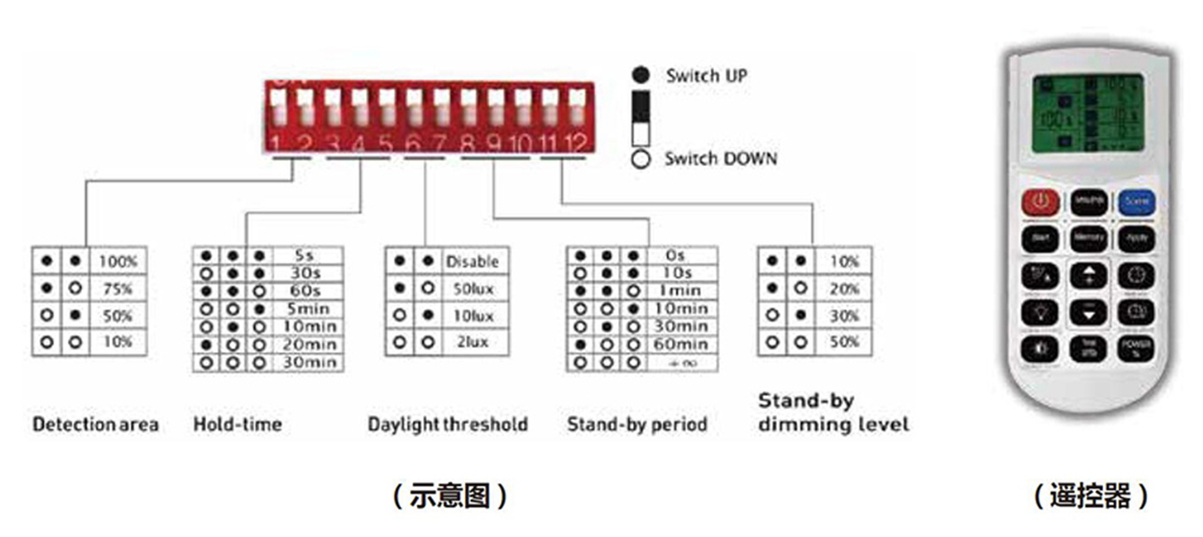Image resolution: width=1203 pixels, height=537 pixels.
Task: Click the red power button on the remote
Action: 1041,203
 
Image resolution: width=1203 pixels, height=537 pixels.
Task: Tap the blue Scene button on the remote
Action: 1136,203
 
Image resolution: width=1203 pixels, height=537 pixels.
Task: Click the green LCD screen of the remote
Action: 1088,113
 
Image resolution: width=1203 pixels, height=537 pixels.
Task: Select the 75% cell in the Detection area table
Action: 117,289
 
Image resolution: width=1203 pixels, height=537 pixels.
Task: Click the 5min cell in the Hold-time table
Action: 305,308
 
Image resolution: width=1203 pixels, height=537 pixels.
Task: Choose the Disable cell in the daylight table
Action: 471,261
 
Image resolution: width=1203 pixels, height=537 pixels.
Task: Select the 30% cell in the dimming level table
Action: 844,316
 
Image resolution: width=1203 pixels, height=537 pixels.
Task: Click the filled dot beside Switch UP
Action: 640,76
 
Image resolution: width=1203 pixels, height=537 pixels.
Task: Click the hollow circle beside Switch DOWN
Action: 640,159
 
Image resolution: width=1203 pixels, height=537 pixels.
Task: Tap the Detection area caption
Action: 95,424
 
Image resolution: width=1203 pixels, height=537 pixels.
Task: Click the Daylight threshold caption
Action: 448,424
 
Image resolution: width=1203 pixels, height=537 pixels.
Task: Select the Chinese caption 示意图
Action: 449,496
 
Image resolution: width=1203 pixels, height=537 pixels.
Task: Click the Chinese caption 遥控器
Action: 1090,496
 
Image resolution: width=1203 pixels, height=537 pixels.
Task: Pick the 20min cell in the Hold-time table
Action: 305,345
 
